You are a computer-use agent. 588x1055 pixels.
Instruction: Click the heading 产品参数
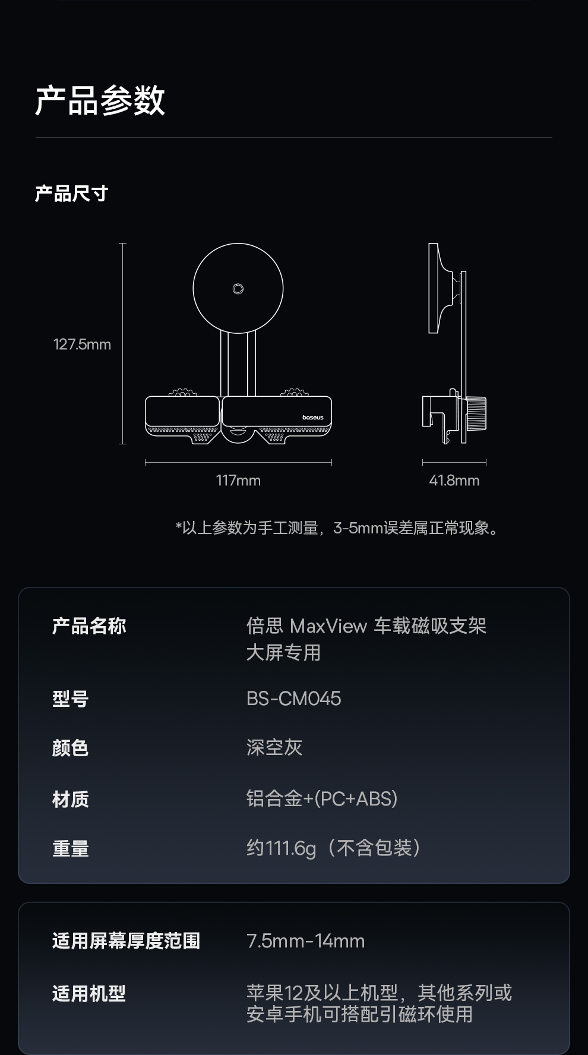[100, 100]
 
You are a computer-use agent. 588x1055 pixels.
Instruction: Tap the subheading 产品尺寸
[71, 194]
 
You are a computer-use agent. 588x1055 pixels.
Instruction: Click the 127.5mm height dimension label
[82, 345]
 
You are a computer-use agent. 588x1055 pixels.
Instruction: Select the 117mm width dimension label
[238, 481]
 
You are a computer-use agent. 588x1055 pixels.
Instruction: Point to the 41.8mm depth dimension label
[454, 481]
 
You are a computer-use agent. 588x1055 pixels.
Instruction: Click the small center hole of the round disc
[238, 289]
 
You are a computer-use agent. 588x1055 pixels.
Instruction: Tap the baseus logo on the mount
[312, 418]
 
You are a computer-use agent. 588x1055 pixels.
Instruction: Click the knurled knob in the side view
[476, 413]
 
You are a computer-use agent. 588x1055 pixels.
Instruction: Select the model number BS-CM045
[293, 699]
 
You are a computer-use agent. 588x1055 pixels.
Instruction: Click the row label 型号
[70, 699]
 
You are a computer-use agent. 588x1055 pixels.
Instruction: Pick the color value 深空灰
[274, 747]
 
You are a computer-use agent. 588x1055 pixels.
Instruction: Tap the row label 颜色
[70, 748]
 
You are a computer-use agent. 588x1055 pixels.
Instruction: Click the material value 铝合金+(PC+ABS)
[321, 798]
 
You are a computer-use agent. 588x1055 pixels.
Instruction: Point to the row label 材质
[70, 799]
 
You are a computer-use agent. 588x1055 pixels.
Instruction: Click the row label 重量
[70, 848]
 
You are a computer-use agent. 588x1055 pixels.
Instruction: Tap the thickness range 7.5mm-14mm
[305, 941]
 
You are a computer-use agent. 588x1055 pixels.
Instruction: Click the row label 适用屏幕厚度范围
[126, 941]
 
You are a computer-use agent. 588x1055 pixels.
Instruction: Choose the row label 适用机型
[88, 993]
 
